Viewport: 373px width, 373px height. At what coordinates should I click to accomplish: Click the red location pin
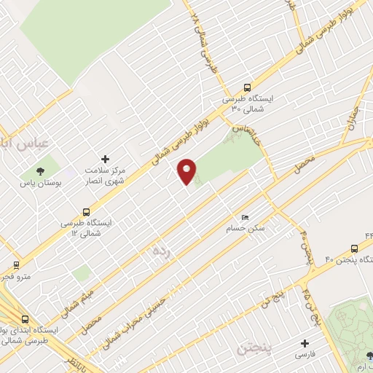click(x=187, y=172)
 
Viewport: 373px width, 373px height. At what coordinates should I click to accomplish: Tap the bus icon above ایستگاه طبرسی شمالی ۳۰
click(x=248, y=86)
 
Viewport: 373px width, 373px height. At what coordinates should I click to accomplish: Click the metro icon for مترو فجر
click(x=16, y=265)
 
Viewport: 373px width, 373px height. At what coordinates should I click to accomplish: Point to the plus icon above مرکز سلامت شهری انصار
click(x=105, y=159)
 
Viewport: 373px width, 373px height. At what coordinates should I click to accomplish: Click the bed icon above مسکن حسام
click(x=245, y=218)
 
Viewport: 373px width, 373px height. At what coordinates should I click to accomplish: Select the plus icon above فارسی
click(x=305, y=342)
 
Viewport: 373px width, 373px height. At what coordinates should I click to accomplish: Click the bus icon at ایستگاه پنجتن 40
click(x=355, y=248)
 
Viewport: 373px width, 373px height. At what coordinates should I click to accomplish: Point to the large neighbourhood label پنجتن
click(x=254, y=349)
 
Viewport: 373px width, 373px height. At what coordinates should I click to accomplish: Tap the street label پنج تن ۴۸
click(x=311, y=307)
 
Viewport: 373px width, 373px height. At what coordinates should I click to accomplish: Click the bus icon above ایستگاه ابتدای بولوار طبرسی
click(x=26, y=320)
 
